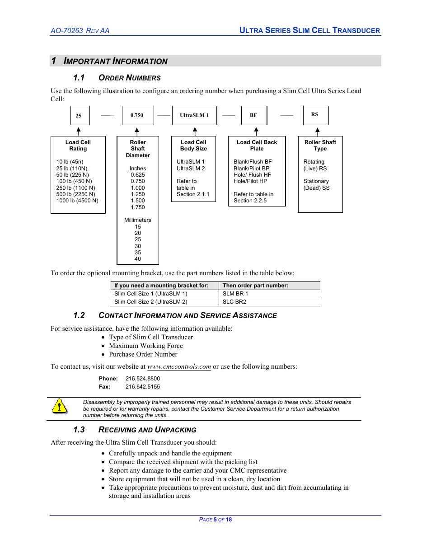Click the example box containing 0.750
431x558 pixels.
coord(138,115)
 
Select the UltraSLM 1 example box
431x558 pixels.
coord(194,115)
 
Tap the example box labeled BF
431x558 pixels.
coord(254,115)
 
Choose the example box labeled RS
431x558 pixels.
coord(315,115)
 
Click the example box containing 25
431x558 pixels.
coord(80,115)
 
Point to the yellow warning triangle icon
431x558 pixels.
coord(59,407)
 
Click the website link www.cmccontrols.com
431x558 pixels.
coord(179,366)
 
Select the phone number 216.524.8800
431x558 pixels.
coord(143,379)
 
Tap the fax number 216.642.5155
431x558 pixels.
coord(143,387)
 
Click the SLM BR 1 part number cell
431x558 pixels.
coord(235,294)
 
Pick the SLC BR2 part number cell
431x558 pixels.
coord(234,302)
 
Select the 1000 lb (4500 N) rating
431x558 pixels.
coord(77,201)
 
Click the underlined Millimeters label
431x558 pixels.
coord(138,220)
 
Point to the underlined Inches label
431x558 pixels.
coord(138,169)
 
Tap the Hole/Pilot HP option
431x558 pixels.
coord(250,181)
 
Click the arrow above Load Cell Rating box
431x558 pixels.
coord(79,131)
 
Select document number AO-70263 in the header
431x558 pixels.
coord(67,31)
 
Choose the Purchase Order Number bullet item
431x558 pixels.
coord(143,354)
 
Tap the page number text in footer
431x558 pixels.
coord(215,520)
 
